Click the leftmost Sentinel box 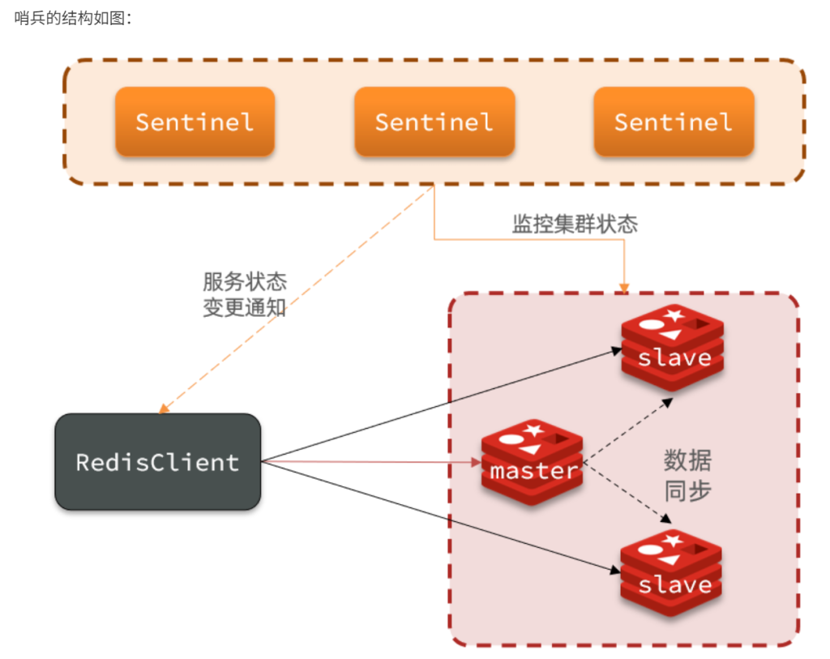click(x=195, y=122)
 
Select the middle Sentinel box click(x=434, y=122)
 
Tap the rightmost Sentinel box click(x=673, y=122)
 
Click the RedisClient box click(x=157, y=462)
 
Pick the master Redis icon click(x=532, y=462)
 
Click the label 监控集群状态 click(x=575, y=224)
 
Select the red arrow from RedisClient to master click(x=373, y=463)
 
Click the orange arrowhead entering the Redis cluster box click(x=623, y=286)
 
